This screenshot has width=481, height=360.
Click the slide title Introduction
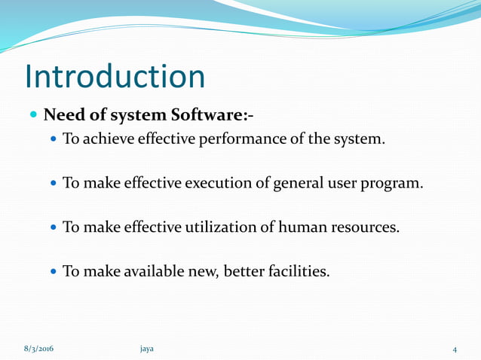[x=115, y=76]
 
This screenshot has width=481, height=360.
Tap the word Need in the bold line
[x=62, y=116]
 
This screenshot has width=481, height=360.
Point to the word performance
[x=237, y=139]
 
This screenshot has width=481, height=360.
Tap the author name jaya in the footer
[x=147, y=349]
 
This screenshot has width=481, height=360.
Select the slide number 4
[x=455, y=349]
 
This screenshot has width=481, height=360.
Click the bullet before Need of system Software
[x=33, y=117]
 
